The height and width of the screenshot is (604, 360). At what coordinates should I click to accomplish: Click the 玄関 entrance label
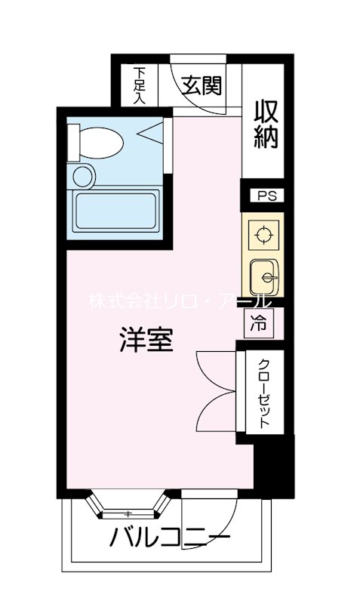pos(201,85)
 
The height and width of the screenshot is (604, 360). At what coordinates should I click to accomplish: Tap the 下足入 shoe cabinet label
pos(140,85)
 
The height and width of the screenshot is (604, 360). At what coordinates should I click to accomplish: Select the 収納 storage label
pos(267,126)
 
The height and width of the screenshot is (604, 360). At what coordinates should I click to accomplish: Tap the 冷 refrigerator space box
pos(258,324)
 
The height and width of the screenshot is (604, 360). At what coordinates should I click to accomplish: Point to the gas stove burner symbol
pos(263,235)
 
